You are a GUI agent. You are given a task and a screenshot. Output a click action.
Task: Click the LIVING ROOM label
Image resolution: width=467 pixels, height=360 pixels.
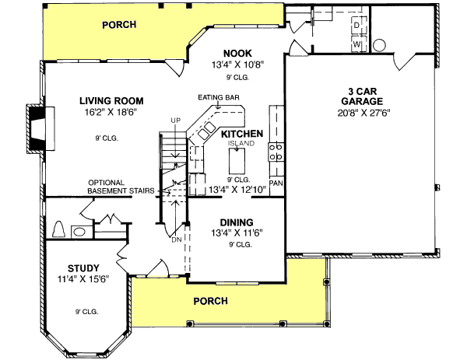click(114, 100)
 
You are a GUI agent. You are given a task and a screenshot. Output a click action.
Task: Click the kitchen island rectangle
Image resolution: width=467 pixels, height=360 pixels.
click(237, 164)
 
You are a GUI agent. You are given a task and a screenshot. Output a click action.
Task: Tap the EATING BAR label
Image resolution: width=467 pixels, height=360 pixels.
click(218, 97)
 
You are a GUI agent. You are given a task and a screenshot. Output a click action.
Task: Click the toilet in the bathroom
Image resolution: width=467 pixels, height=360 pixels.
click(58, 230)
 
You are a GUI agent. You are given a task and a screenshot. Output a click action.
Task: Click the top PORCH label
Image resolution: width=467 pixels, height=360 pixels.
click(119, 24)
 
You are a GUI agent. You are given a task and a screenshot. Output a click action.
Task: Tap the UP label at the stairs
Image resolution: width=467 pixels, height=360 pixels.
click(176, 120)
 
